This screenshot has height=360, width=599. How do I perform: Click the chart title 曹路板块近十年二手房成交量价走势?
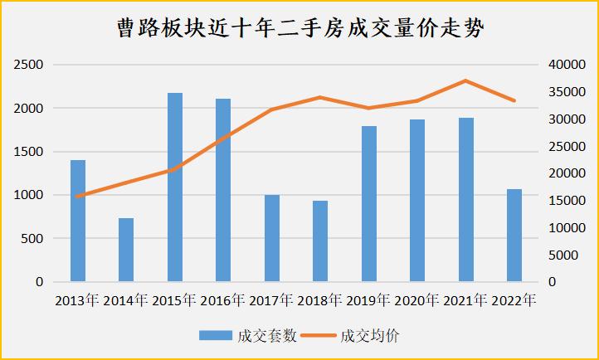pos(299,29)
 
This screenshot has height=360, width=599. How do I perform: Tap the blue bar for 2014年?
pos(126,250)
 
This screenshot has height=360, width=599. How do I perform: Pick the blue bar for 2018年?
pos(320,241)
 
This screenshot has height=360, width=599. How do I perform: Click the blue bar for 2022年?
pos(514,236)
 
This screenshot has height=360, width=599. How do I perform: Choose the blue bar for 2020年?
pos(417,201)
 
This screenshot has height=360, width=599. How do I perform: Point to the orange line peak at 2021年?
pos(465,80)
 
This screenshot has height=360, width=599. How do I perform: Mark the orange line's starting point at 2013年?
pos(78,197)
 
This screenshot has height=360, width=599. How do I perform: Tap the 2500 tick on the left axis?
pos(30,65)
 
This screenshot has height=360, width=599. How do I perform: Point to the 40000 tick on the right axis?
pos(567,65)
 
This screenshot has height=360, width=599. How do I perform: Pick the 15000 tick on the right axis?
pos(567,201)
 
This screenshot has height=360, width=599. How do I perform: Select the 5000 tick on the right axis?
pos(564,255)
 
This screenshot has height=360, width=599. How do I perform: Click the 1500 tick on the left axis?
pos(30,152)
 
